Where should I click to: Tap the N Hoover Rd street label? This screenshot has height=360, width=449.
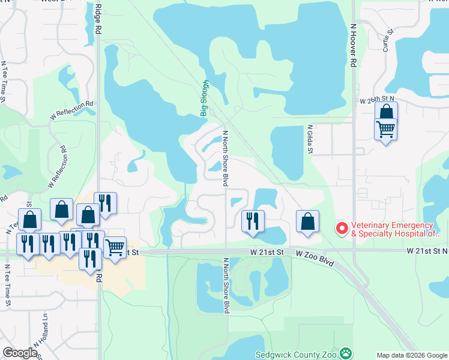pos(354,45)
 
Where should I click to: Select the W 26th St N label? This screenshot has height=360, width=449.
pos(376,98)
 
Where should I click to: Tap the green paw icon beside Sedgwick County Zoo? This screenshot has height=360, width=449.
pos(346,353)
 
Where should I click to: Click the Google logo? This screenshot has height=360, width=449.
pos(20,353)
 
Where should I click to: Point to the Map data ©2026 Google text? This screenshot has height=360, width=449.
pos(412,355)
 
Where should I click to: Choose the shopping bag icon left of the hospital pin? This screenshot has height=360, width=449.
pos(307,220)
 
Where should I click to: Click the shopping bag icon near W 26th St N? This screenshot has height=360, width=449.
pos(386,111)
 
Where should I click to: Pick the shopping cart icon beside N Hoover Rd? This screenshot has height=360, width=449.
pos(385,128)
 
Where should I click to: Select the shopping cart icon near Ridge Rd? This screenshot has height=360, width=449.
pos(115,246)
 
